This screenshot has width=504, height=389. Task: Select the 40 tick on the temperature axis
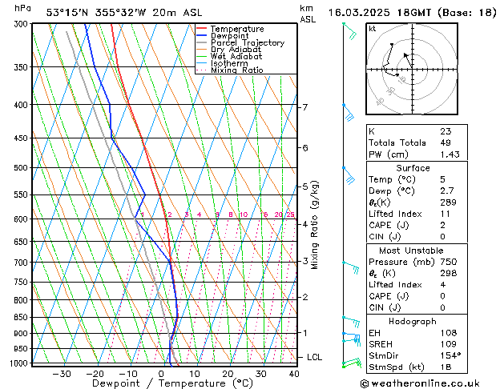click(x=294, y=373)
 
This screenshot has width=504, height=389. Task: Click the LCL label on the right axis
click(x=315, y=357)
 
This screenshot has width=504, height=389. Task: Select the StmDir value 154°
click(x=450, y=355)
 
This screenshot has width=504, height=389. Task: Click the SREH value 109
click(x=447, y=343)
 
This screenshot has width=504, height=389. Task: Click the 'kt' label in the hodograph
click(x=373, y=29)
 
